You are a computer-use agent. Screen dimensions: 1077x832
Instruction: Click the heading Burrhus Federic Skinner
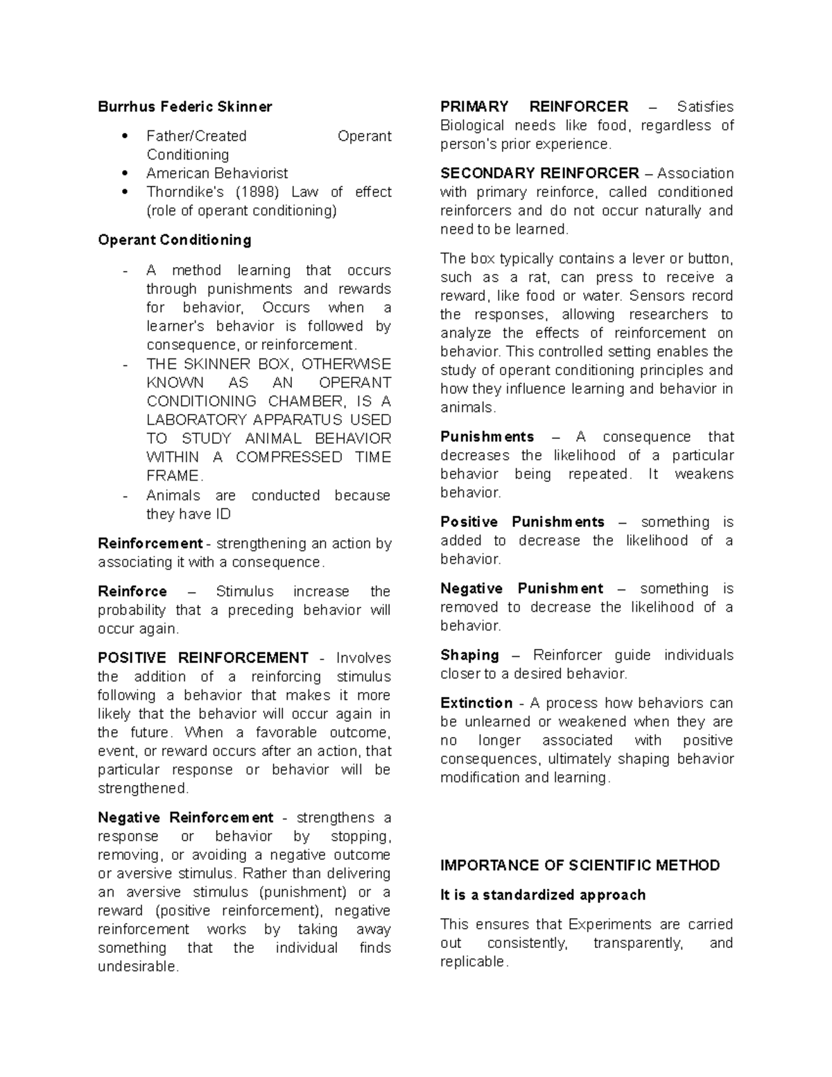(x=184, y=107)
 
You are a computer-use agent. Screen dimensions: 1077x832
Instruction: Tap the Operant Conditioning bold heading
(x=175, y=240)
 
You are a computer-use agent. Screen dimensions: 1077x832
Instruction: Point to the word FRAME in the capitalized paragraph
(x=173, y=476)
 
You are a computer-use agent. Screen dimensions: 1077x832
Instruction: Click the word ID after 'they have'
(x=223, y=514)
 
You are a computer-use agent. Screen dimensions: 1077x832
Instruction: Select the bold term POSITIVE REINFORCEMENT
(x=203, y=657)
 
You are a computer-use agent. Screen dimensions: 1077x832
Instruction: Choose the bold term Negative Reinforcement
(x=186, y=818)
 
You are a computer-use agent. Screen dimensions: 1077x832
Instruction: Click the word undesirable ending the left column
(x=138, y=967)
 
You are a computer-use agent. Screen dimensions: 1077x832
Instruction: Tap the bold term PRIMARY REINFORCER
(x=534, y=107)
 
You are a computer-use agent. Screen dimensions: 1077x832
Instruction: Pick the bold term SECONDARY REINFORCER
(x=539, y=173)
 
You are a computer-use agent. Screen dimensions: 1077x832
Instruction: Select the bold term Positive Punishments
(x=522, y=522)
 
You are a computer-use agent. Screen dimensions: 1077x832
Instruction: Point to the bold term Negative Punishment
(x=521, y=588)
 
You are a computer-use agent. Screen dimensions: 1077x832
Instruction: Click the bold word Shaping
(x=469, y=655)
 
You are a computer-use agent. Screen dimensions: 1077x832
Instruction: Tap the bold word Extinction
(x=476, y=703)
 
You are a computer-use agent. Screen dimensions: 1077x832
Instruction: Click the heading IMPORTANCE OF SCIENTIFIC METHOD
(x=580, y=865)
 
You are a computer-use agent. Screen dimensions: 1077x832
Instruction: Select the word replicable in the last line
(x=474, y=962)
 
